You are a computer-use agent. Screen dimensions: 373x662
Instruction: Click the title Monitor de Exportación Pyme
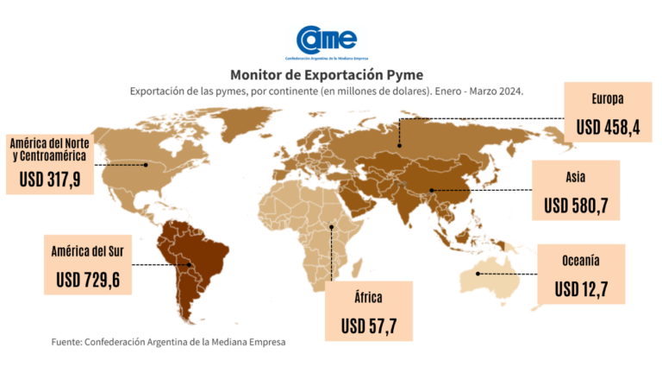327,73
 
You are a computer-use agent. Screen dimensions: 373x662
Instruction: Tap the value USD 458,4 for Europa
613,127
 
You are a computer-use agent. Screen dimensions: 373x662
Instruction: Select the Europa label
608,98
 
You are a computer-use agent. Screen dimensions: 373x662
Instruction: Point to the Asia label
576,177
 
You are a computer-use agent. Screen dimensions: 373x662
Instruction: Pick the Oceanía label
580,259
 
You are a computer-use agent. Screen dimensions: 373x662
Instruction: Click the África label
368,298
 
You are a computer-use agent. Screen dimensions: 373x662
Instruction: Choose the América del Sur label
88,251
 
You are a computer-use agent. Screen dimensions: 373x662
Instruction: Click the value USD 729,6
88,280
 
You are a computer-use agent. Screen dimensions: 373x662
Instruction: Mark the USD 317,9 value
50,182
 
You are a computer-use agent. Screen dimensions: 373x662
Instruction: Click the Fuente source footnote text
168,342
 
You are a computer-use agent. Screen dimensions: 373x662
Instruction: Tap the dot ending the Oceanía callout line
479,274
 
